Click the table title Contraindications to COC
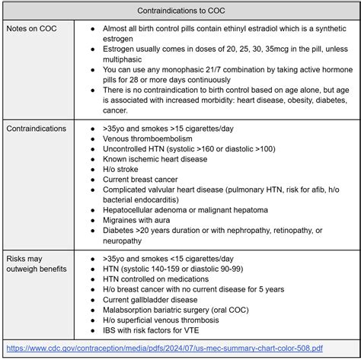(x=180, y=11)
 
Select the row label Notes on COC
(x=32, y=28)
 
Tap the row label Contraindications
(x=36, y=129)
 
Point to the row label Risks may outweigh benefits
(x=36, y=263)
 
